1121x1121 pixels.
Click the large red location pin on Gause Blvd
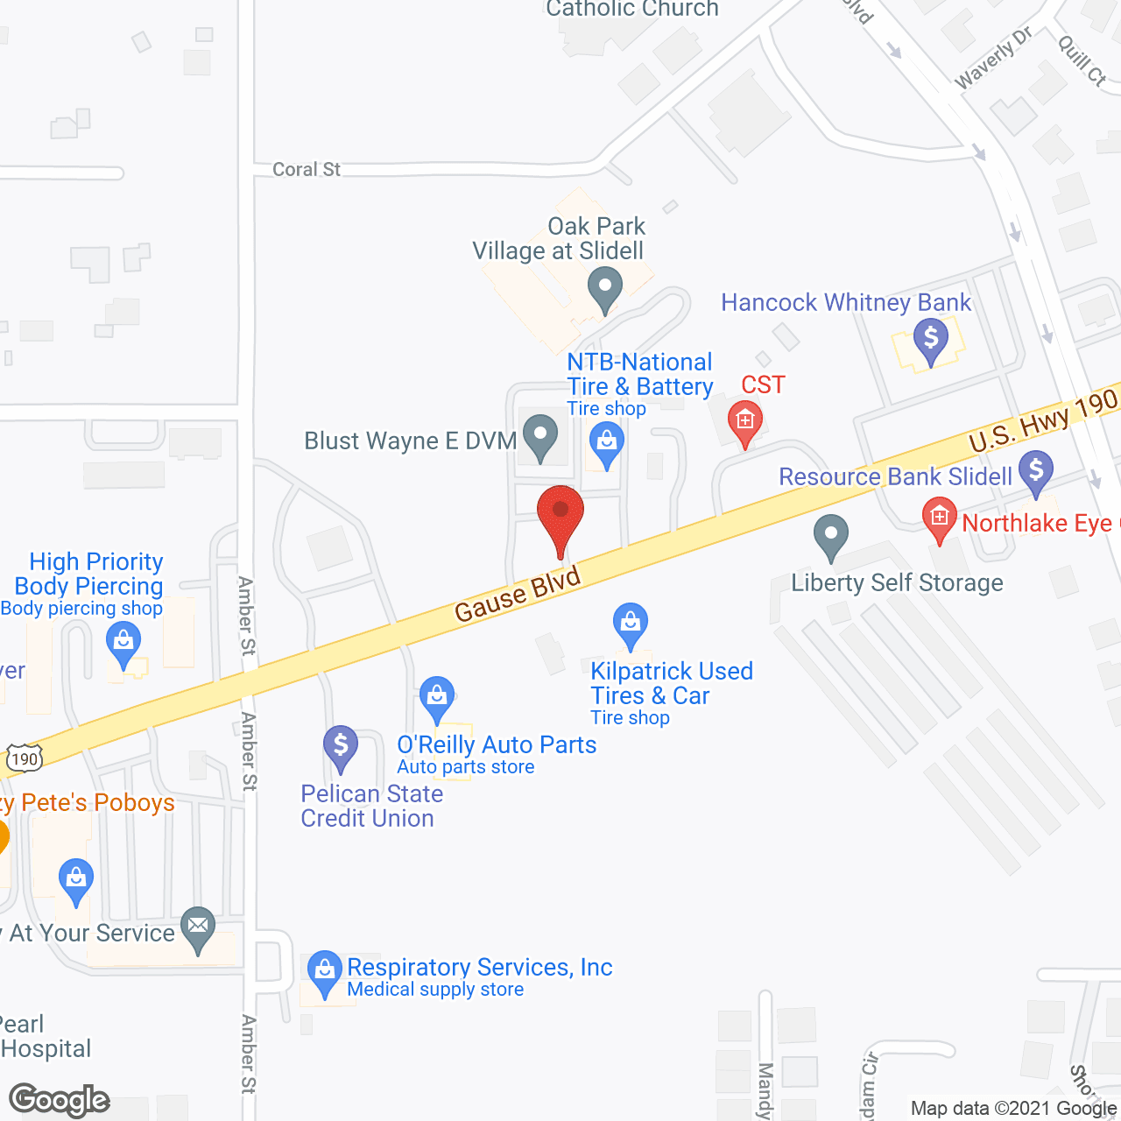pos(560,515)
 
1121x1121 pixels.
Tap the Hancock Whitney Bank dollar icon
pos(930,338)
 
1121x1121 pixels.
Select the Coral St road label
pos(306,169)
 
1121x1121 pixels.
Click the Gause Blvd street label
pos(518,595)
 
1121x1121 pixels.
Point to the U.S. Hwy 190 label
pos(1043,420)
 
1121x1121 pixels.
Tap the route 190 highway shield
pos(25,758)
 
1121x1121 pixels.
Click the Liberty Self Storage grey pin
pos(831,535)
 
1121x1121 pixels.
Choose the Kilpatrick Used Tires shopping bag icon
pos(631,624)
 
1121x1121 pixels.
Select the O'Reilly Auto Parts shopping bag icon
pos(436,698)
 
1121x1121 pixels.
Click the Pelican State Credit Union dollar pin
pos(341,748)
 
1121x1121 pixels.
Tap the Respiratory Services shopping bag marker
pos(325,971)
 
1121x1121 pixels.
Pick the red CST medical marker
pos(745,421)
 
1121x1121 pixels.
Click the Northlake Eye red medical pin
pos(940,518)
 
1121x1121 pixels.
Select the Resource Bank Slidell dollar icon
pos(1036,471)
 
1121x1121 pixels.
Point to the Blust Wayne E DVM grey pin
pos(540,435)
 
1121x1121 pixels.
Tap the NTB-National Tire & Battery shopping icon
pos(606,442)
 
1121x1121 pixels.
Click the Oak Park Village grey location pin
pos(604,288)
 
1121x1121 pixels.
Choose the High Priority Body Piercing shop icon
pos(123,643)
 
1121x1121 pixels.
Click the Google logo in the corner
pos(60,1100)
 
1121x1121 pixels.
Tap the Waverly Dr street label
pos(993,58)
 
